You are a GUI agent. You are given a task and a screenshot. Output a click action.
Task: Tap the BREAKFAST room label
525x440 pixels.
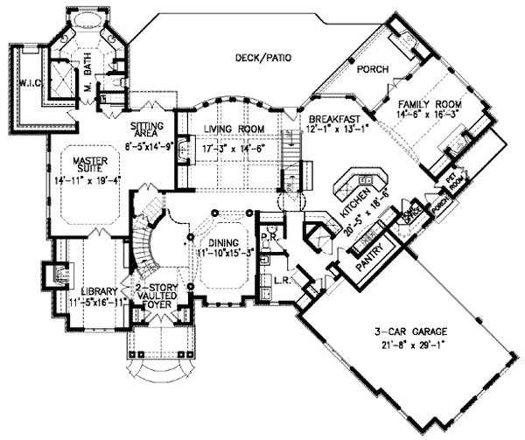[x=328, y=118]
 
